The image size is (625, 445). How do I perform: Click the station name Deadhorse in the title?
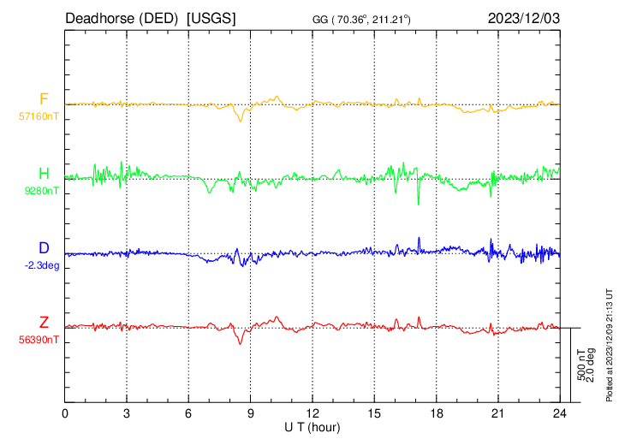click(x=96, y=18)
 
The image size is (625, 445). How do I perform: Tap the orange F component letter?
click(x=44, y=99)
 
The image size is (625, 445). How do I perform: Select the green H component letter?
click(x=44, y=174)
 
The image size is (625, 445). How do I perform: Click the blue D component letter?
click(x=44, y=248)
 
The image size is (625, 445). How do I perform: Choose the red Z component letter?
click(x=44, y=323)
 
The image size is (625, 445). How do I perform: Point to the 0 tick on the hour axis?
click(x=66, y=413)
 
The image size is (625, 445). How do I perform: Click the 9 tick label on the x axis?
click(x=251, y=413)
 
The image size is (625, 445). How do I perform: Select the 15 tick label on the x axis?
click(x=374, y=413)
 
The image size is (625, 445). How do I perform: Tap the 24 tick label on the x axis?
click(x=559, y=413)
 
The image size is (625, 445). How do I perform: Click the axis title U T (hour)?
click(x=312, y=426)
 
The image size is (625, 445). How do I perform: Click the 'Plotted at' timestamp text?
click(x=609, y=343)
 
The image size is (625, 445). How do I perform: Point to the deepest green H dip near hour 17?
click(x=419, y=204)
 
